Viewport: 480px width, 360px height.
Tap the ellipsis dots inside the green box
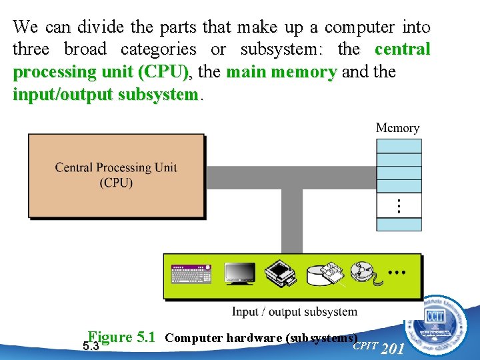pyautogui.click(x=397, y=273)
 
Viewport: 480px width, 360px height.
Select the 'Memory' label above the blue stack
pyautogui.click(x=398, y=128)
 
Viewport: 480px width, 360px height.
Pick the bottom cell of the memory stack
pyautogui.click(x=399, y=224)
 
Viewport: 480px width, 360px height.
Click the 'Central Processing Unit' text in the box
pyautogui.click(x=116, y=167)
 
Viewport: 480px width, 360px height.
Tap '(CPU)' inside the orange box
pyautogui.click(x=116, y=182)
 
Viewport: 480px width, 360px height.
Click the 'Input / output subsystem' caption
pyautogui.click(x=294, y=311)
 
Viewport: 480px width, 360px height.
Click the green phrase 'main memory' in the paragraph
pyautogui.click(x=281, y=72)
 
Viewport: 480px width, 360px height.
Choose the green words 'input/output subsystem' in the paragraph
pyautogui.click(x=105, y=95)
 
